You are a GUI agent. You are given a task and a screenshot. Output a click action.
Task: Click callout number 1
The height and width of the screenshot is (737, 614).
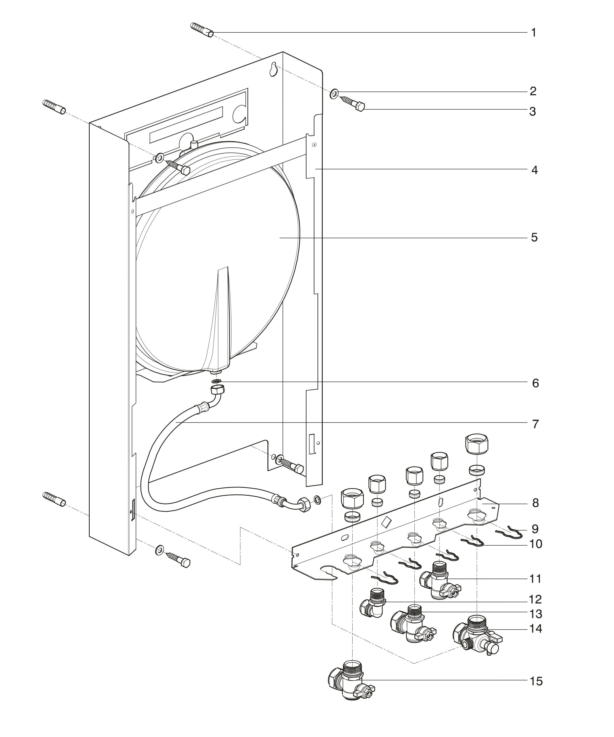[534, 33]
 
